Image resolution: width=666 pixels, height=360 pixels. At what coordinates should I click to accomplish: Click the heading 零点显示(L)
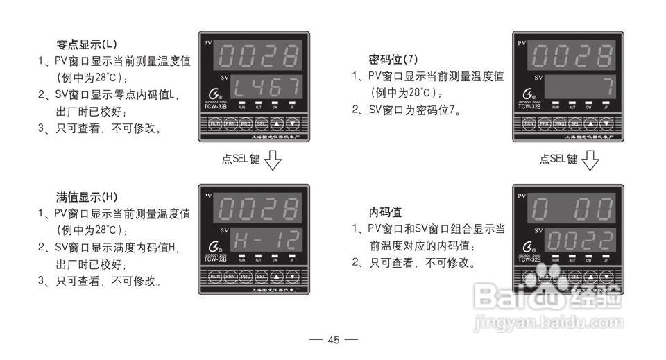pyautogui.click(x=87, y=44)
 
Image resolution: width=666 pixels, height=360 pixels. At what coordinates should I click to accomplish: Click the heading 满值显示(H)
pyautogui.click(x=87, y=197)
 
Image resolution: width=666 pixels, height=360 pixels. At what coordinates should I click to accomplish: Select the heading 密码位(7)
pyautogui.click(x=393, y=60)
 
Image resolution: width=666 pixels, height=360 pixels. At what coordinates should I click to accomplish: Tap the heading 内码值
pyautogui.click(x=385, y=212)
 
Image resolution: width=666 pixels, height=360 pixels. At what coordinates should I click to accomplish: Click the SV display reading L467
pyautogui.click(x=266, y=87)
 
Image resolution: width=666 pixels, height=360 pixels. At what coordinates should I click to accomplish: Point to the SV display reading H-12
pyautogui.click(x=266, y=240)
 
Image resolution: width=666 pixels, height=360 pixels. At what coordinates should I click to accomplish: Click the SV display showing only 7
pyautogui.click(x=579, y=87)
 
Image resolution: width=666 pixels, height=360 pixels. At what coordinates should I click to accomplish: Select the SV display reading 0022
pyautogui.click(x=579, y=240)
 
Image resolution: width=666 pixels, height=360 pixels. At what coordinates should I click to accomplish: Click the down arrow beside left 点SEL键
pyautogui.click(x=273, y=161)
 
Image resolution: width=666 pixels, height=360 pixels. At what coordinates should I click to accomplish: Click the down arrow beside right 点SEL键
pyautogui.click(x=590, y=161)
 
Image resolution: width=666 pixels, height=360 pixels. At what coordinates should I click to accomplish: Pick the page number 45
pyautogui.click(x=334, y=340)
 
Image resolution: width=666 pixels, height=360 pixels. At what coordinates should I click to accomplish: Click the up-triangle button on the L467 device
pyautogui.click(x=277, y=124)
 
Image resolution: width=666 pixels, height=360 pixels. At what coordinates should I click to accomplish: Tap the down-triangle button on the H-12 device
pyautogui.click(x=293, y=277)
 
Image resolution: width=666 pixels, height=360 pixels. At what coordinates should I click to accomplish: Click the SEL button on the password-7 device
pyautogui.click(x=574, y=124)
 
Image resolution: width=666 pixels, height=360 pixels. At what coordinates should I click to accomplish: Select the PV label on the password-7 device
pyautogui.click(x=521, y=44)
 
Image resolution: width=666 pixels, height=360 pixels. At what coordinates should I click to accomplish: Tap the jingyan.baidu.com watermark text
pyautogui.click(x=548, y=323)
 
